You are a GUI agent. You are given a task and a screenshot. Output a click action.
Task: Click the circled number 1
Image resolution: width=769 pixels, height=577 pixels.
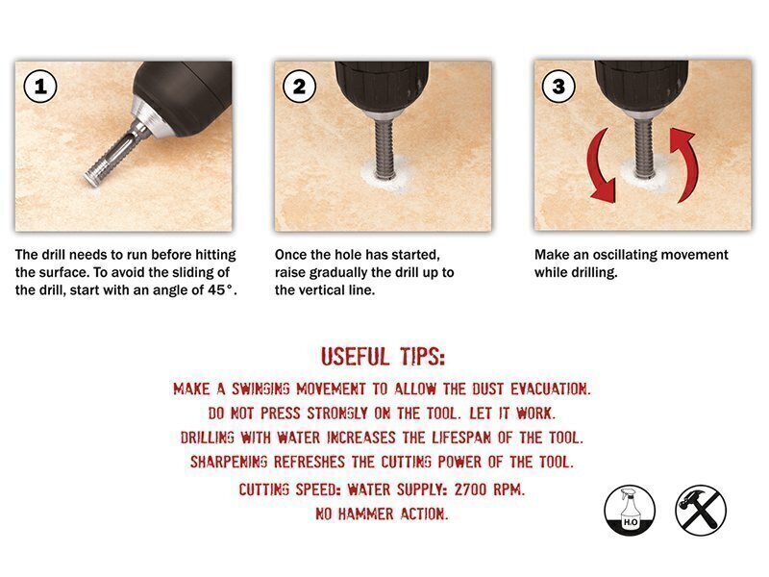tap(40, 87)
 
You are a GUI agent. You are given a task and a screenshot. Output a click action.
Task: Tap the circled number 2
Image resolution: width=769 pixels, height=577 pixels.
tap(299, 87)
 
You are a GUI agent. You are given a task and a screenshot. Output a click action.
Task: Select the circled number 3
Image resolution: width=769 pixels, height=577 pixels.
tap(558, 87)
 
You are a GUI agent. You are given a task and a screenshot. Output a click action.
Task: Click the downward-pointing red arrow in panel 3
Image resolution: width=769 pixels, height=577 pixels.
tap(599, 166)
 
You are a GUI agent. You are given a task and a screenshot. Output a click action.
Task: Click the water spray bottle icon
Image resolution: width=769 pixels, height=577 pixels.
tap(630, 511)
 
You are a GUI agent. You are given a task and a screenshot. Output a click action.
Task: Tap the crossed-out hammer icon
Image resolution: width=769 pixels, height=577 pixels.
tap(701, 511)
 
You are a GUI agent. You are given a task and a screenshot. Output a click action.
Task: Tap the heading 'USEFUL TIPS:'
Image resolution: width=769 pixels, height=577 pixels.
tap(383, 357)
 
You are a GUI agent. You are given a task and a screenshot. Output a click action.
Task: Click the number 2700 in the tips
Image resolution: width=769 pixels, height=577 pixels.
tap(470, 489)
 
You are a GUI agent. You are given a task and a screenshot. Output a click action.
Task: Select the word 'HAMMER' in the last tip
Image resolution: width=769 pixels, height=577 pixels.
tap(366, 514)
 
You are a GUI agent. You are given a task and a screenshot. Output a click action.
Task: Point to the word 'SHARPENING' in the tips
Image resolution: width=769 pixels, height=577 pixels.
tap(229, 462)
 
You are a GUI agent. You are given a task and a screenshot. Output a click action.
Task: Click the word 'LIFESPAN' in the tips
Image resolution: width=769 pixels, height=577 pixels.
tap(461, 438)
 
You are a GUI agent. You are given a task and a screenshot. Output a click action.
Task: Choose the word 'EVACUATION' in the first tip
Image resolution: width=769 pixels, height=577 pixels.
tap(549, 389)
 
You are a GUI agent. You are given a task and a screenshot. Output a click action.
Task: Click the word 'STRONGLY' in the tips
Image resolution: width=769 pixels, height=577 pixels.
tap(337, 414)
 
